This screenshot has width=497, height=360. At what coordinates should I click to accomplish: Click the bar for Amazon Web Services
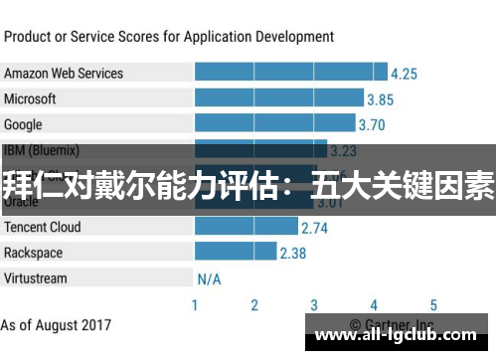[290, 74]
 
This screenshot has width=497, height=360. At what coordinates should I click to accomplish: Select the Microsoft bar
[278, 99]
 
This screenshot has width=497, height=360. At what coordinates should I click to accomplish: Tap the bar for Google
[274, 125]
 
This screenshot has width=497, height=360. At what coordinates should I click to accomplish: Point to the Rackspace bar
[235, 253]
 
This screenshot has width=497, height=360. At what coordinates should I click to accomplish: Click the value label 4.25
[404, 74]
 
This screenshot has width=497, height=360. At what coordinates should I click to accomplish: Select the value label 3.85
[380, 99]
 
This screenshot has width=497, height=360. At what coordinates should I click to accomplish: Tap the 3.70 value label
[371, 125]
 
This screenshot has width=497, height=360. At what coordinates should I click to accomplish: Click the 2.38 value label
[292, 253]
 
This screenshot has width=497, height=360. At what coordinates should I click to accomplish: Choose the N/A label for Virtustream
[209, 278]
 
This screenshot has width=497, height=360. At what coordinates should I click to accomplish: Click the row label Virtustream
[36, 277]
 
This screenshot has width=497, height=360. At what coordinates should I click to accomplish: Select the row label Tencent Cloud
[43, 227]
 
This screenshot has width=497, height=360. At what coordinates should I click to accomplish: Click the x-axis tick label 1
[195, 305]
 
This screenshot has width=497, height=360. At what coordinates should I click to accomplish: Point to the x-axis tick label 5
[433, 305]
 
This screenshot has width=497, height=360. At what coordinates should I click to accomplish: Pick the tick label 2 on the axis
[254, 305]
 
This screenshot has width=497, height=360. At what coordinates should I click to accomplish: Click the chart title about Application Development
[169, 37]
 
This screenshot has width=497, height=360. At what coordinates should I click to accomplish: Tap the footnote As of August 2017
[56, 324]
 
